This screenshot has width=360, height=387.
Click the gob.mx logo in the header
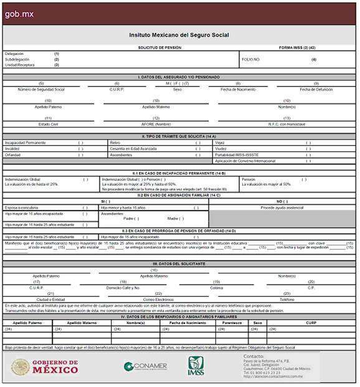[x=19, y=13]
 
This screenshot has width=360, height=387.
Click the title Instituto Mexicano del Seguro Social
[x=179, y=36]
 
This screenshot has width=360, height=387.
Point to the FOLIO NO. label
[x=250, y=59]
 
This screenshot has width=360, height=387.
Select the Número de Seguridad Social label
[x=41, y=89]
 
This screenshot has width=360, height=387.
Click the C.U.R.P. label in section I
[x=116, y=89]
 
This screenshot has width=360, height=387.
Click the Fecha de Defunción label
[x=316, y=89]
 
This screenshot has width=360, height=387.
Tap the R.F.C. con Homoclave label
[x=287, y=124]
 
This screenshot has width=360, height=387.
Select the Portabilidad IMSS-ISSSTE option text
[x=246, y=155]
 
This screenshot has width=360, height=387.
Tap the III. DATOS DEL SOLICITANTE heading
[x=179, y=264]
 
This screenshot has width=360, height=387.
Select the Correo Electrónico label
[x=158, y=299]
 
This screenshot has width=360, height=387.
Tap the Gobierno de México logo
[x=45, y=366]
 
